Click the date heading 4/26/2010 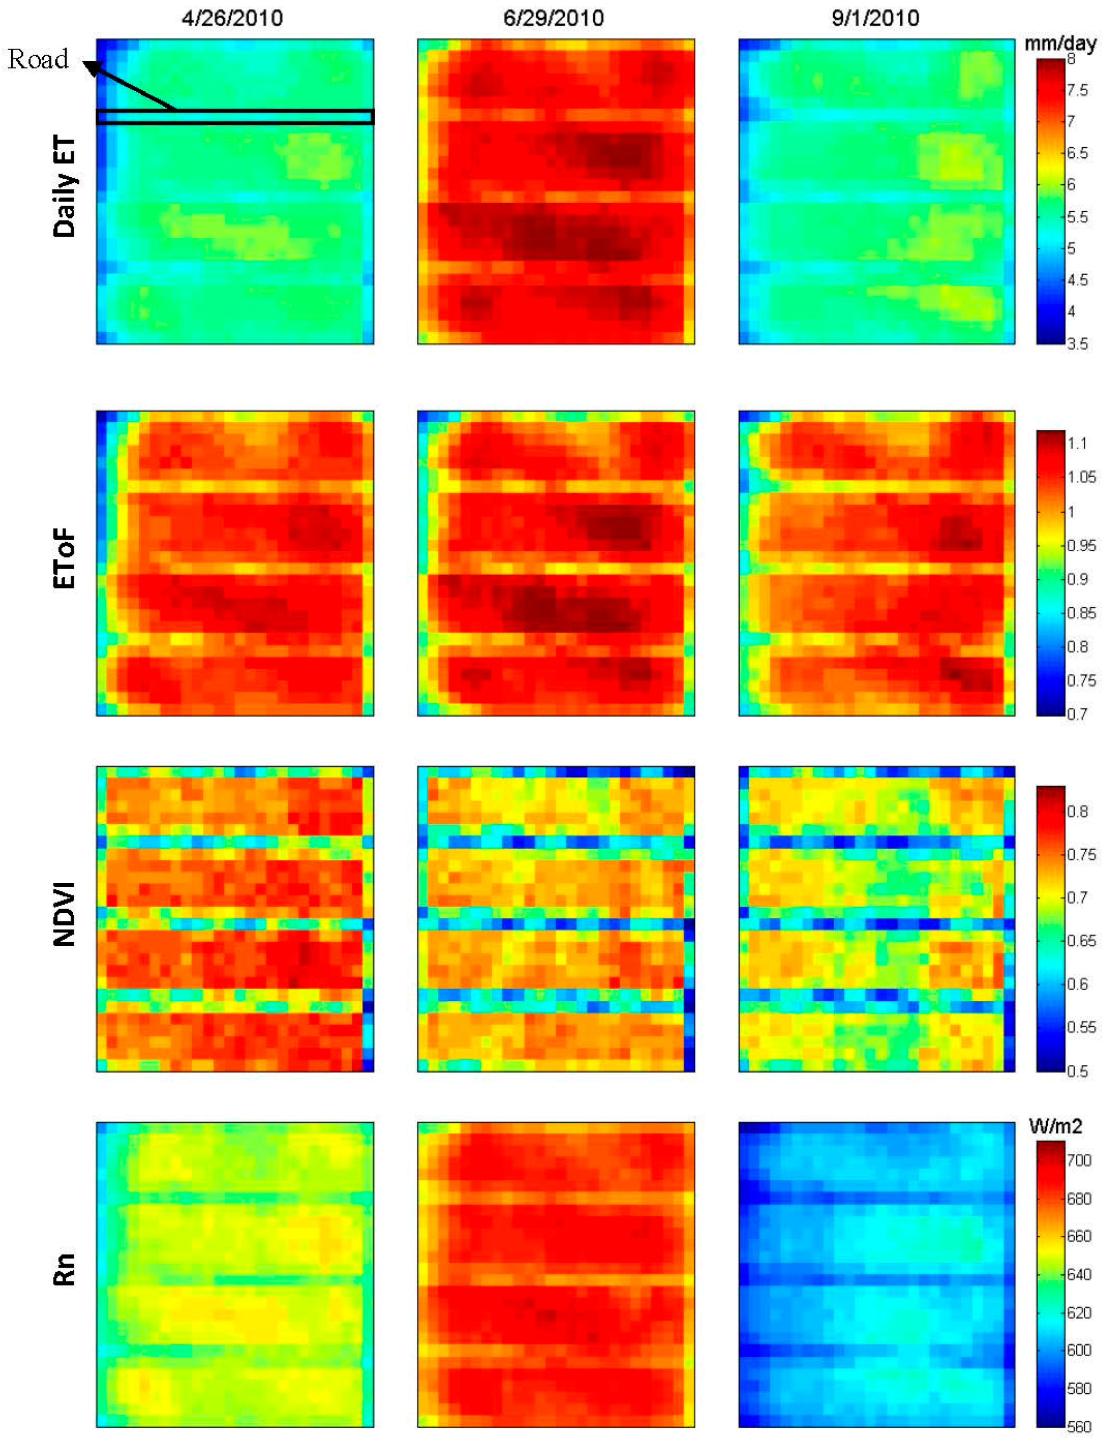tap(232, 18)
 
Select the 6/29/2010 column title tap(553, 18)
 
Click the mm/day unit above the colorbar tap(1060, 44)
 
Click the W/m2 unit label tap(1055, 1126)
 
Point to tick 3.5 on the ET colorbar tap(1077, 344)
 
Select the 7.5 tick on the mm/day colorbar tap(1077, 90)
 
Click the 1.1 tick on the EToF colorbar tap(1077, 443)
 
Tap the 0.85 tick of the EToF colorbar tap(1081, 613)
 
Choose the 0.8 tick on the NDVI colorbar tap(1077, 811)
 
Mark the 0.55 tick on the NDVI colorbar tap(1081, 1027)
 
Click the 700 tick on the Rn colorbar tap(1078, 1161)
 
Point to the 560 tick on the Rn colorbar tap(1078, 1426)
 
